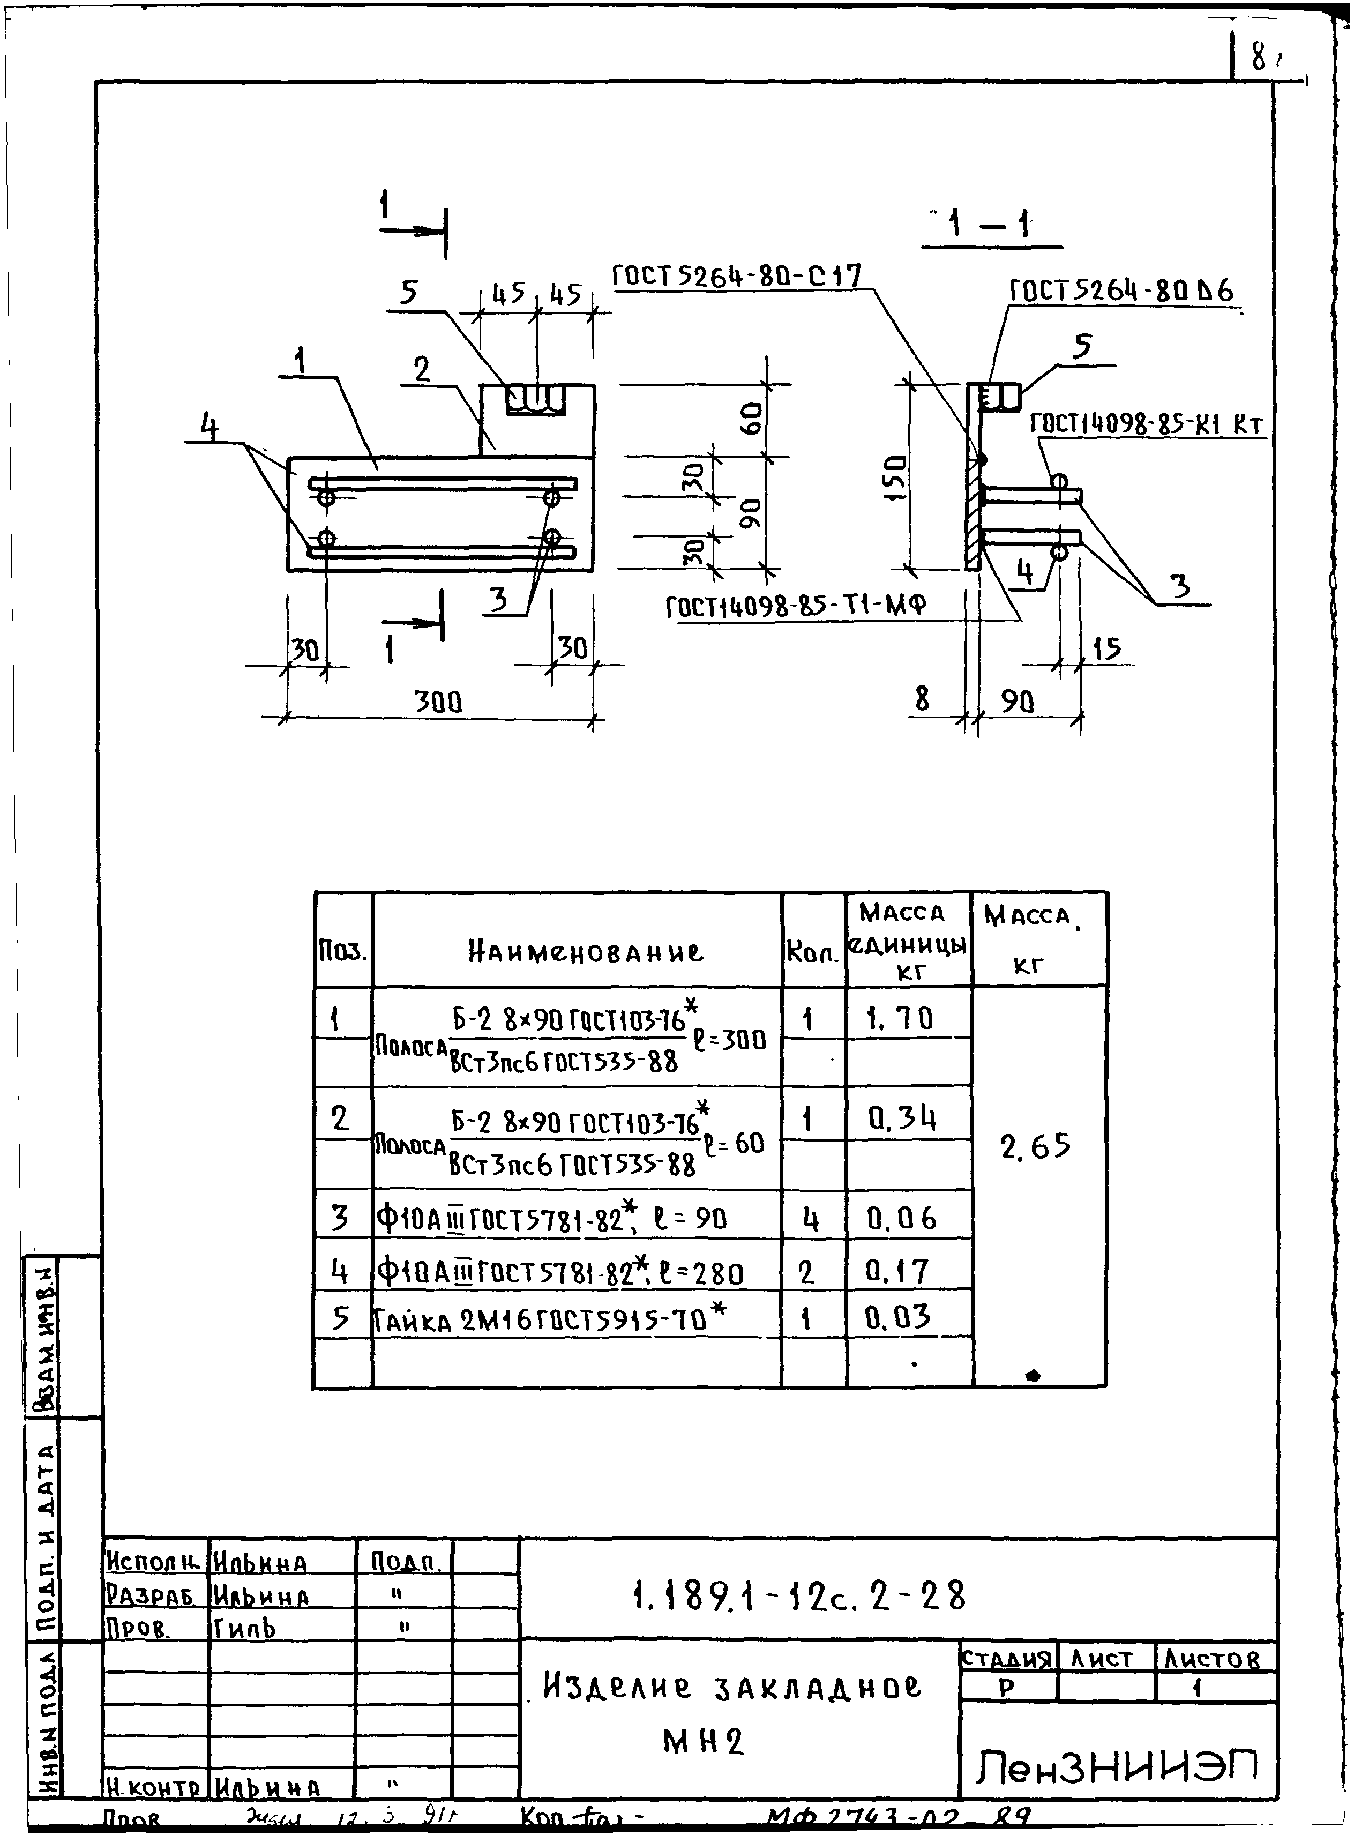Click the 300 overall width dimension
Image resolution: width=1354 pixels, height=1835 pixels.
[x=438, y=703]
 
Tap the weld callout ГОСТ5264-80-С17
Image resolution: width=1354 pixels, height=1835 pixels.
[x=737, y=276]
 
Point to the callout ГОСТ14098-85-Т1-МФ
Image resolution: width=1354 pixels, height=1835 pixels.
[x=795, y=607]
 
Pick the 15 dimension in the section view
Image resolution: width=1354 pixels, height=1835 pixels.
[x=1106, y=650]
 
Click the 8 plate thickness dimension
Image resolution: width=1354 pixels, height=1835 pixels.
[x=922, y=698]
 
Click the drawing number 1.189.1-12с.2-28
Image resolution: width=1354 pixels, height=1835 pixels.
[x=800, y=1595]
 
